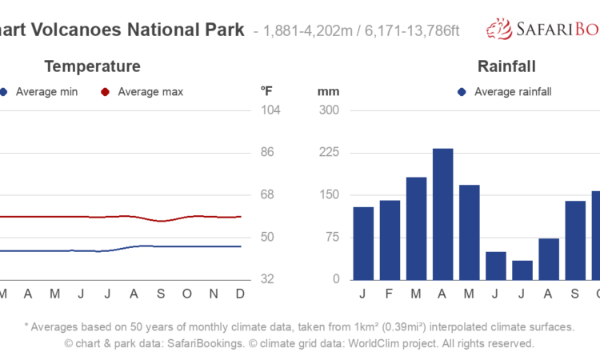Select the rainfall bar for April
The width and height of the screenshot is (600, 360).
click(x=442, y=214)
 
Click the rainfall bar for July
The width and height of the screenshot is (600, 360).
click(x=522, y=270)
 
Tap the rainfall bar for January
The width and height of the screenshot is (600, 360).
click(x=363, y=243)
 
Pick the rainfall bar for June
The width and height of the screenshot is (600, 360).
click(x=496, y=266)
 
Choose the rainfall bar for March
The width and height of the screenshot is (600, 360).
click(x=416, y=228)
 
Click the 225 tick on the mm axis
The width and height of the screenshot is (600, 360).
click(x=330, y=152)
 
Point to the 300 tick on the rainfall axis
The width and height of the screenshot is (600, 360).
click(x=330, y=110)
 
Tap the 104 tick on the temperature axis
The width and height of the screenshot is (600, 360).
click(x=271, y=110)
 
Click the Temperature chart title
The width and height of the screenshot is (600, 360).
click(x=92, y=66)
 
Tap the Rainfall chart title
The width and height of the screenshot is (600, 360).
click(x=506, y=66)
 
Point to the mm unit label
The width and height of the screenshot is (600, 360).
click(x=328, y=91)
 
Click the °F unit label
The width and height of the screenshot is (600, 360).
click(x=268, y=91)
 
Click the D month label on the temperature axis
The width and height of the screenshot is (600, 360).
click(x=239, y=294)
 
